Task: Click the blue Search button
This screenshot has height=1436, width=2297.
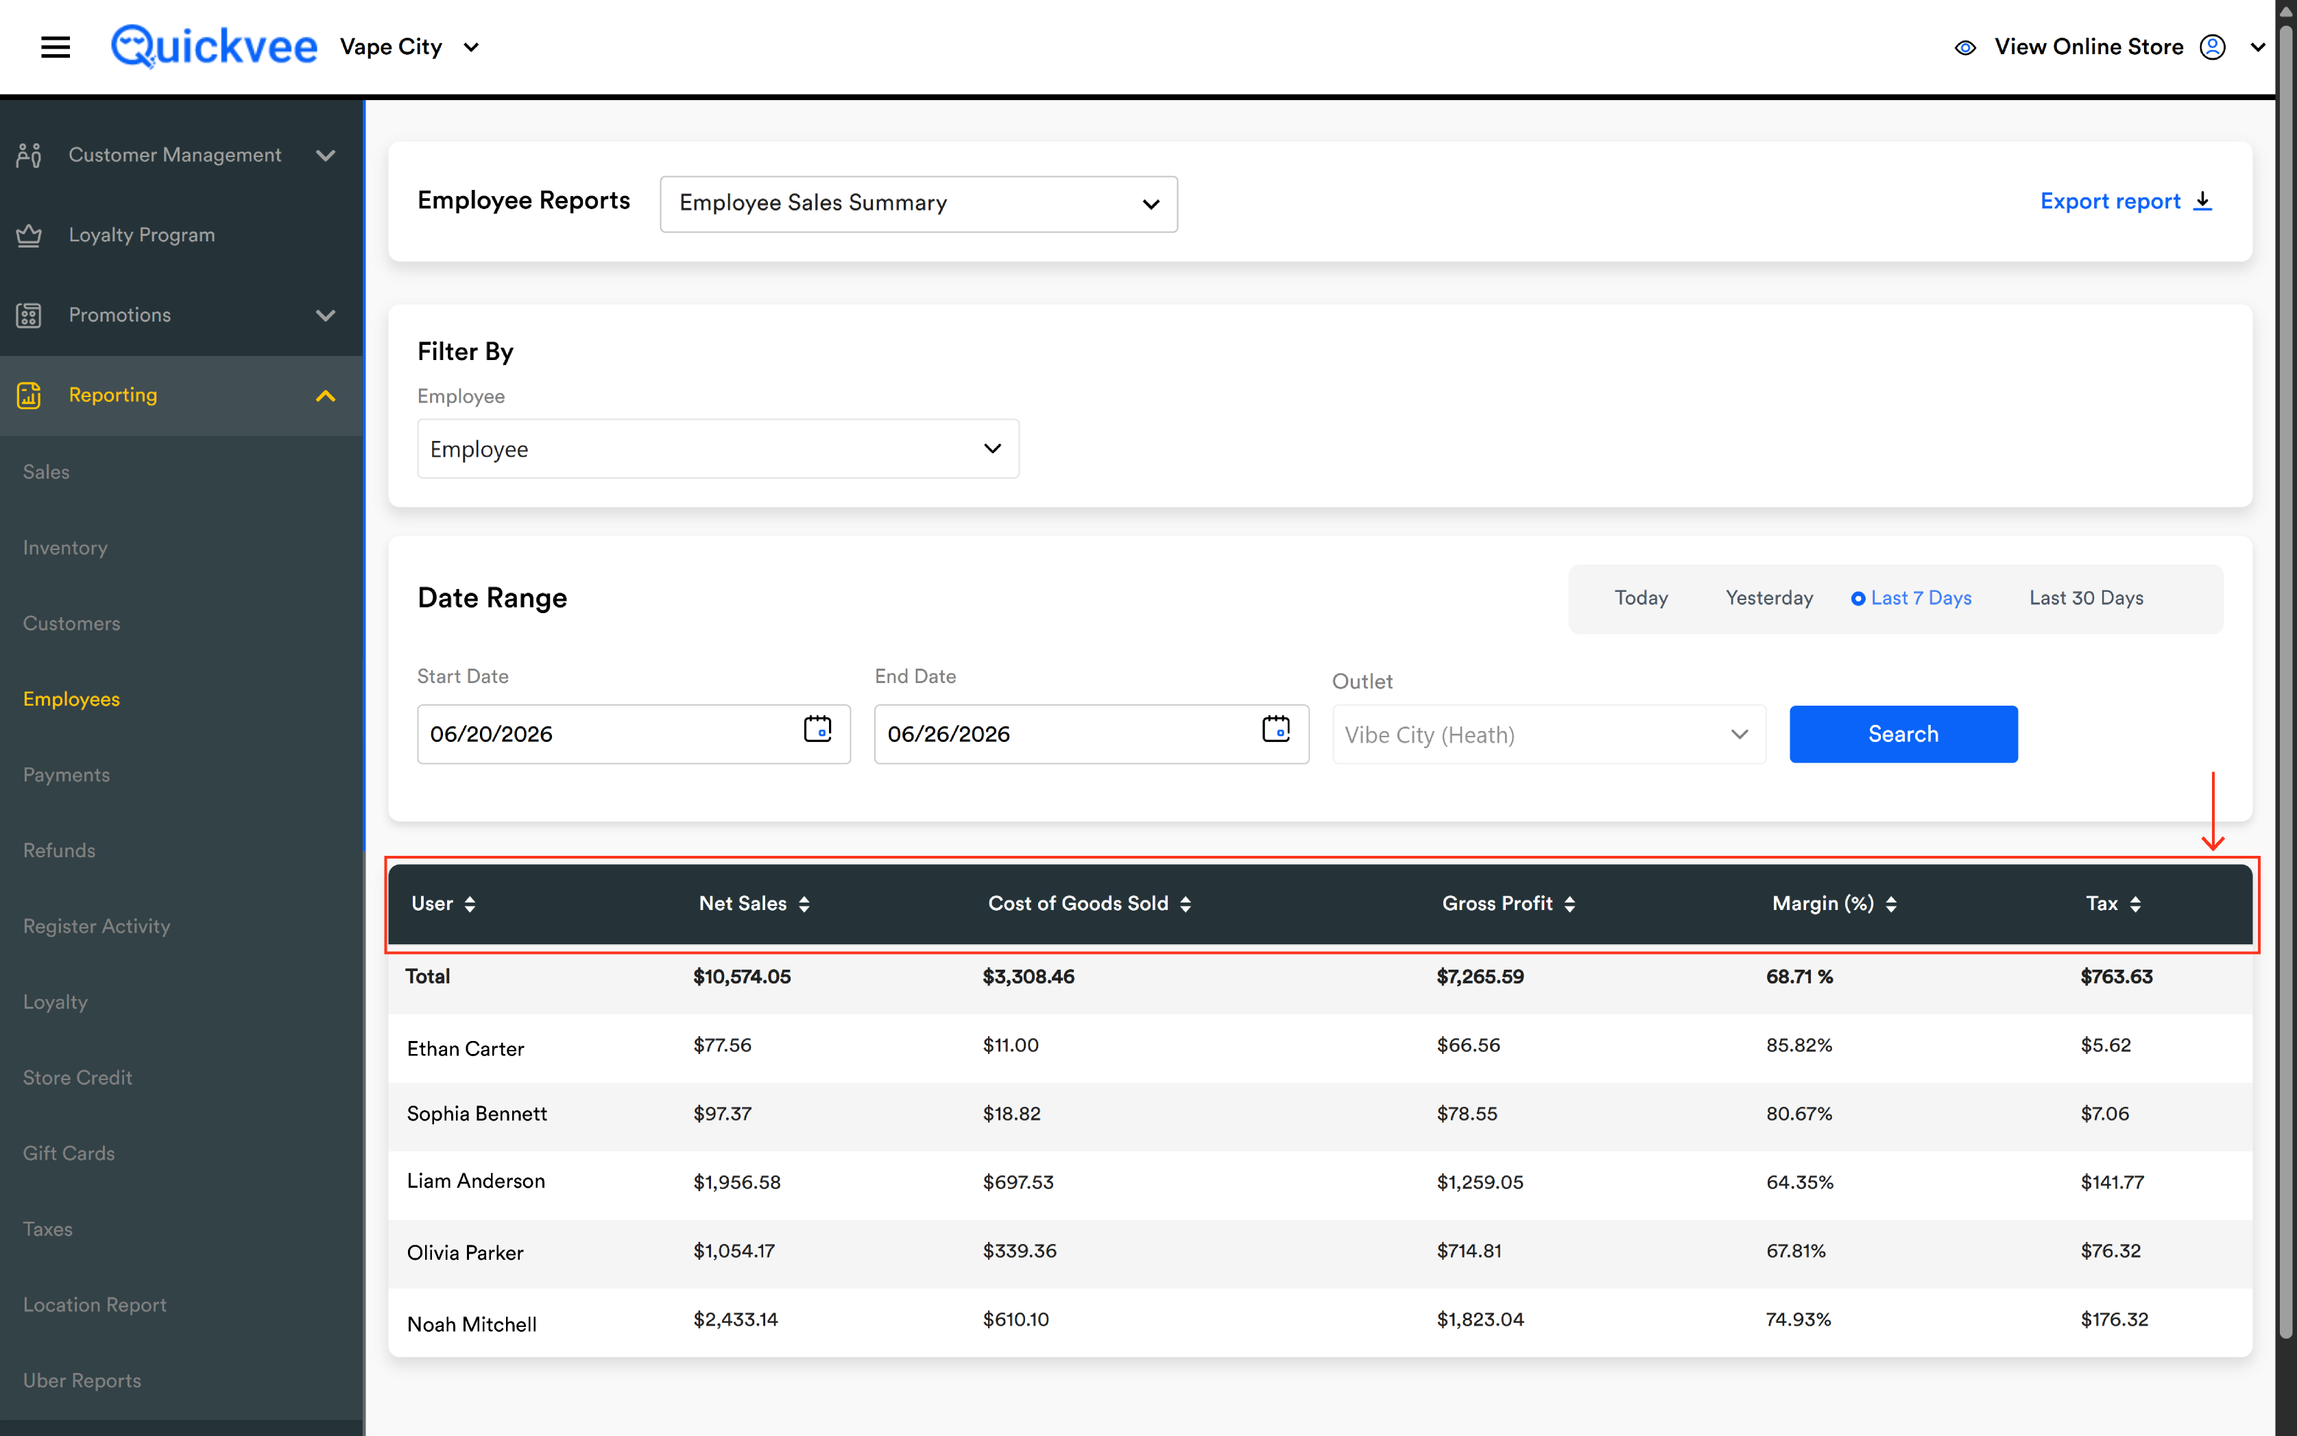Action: (x=1903, y=734)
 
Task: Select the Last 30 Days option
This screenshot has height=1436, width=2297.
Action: (x=2086, y=598)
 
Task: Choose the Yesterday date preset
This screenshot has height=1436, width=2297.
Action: (x=1769, y=598)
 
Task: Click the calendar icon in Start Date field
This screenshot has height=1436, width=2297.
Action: (x=817, y=730)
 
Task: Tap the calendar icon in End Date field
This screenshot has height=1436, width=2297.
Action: (x=1276, y=730)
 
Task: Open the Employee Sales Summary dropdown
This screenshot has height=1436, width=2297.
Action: (x=918, y=203)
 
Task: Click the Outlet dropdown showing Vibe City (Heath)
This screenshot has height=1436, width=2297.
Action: (x=1549, y=735)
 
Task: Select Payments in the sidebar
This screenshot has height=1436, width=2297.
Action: (x=67, y=775)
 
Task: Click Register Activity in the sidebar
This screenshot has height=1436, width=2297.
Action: (x=97, y=926)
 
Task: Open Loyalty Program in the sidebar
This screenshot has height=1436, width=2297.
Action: (x=141, y=235)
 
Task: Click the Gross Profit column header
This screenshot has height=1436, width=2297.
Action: (x=1498, y=903)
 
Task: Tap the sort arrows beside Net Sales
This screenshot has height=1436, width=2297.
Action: (x=804, y=904)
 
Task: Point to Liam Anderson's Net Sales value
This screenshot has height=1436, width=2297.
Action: (x=737, y=1182)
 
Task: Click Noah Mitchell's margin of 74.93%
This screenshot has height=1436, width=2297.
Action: (x=1799, y=1319)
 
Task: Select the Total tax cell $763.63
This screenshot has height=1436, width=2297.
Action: (x=2117, y=977)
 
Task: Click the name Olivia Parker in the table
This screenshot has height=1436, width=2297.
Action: (x=466, y=1253)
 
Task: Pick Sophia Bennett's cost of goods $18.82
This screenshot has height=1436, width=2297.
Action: (x=1011, y=1113)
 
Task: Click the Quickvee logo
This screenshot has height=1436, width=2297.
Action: (x=214, y=47)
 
